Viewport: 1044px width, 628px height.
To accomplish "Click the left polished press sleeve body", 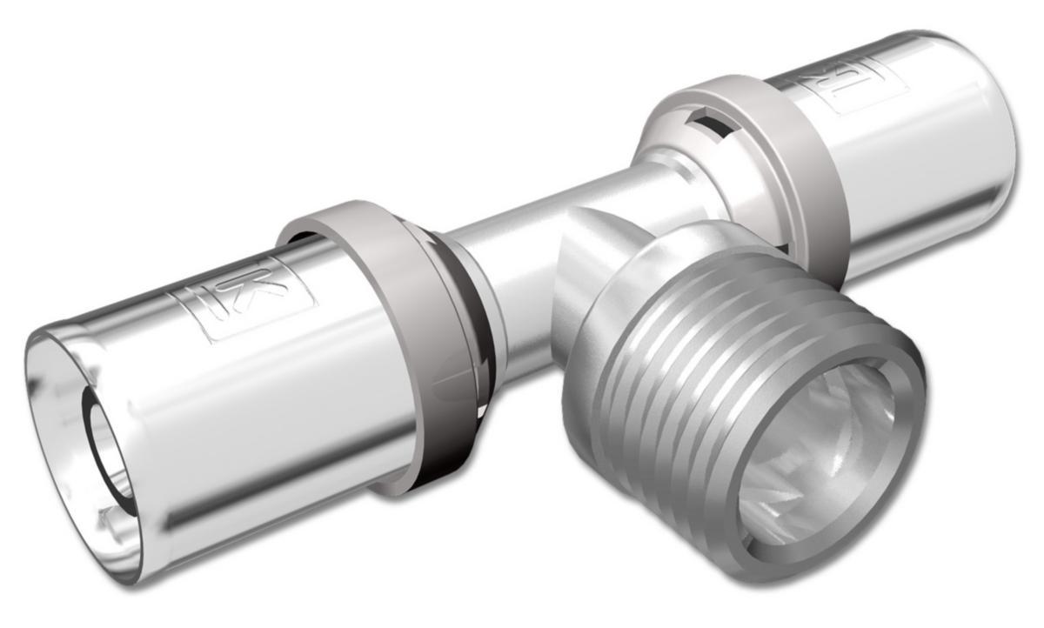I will [261, 391].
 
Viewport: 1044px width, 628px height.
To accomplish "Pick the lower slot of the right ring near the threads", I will [783, 248].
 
